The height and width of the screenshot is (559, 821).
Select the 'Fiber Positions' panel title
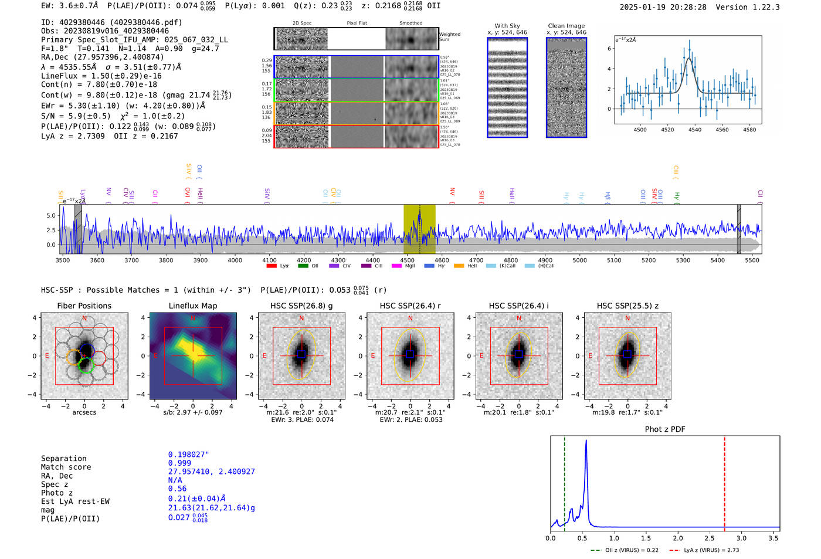[84, 306]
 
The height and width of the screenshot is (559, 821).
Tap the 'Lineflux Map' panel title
[192, 306]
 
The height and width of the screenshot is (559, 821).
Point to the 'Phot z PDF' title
[664, 429]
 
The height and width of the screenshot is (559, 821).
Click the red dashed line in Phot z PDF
[724, 481]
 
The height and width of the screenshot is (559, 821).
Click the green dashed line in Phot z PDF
[564, 481]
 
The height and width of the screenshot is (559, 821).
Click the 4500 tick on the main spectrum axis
[408, 260]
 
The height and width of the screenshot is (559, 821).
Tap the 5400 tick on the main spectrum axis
[717, 260]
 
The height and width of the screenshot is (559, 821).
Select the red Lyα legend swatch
[272, 266]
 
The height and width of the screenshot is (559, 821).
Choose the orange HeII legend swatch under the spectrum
[459, 266]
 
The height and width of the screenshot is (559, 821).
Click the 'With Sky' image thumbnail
[507, 88]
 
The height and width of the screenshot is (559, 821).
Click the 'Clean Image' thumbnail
[566, 88]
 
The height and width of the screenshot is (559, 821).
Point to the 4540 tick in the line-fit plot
[695, 130]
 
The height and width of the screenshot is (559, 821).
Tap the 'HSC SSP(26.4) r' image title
[410, 306]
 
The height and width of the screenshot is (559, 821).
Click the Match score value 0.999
[179, 463]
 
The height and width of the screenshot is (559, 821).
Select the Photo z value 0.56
[177, 489]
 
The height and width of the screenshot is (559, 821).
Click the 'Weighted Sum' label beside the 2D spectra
[450, 37]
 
